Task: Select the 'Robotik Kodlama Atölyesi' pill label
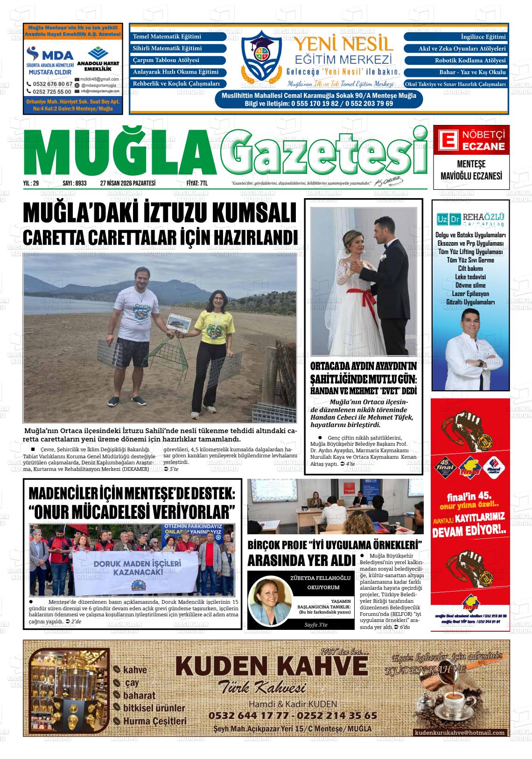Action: click(456, 61)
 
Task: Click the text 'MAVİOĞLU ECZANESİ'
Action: click(471, 176)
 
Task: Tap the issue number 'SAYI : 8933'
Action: click(74, 184)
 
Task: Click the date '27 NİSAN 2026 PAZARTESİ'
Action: click(127, 184)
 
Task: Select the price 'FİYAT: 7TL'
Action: click(197, 184)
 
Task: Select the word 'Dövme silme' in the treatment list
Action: click(470, 285)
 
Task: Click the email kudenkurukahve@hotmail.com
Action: click(459, 733)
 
